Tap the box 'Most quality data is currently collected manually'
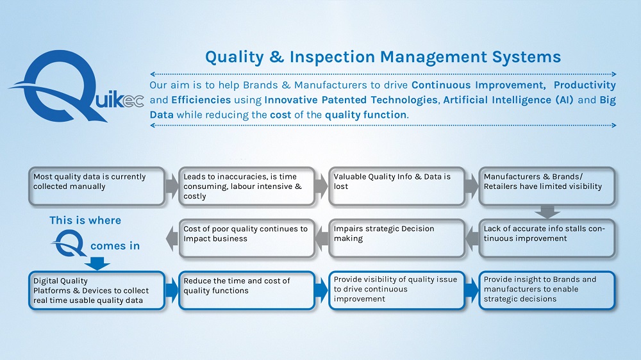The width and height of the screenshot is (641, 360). (x=97, y=186)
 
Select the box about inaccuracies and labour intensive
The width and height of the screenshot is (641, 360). (x=247, y=186)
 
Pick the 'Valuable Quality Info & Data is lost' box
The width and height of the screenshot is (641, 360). (x=397, y=186)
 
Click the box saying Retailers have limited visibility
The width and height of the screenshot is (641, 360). (x=547, y=186)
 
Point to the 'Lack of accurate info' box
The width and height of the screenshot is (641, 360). (x=547, y=239)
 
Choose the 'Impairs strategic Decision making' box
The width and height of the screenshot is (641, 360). (x=397, y=239)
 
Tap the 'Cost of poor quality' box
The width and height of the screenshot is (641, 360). (x=247, y=239)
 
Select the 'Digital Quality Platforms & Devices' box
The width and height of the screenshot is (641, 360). (x=97, y=291)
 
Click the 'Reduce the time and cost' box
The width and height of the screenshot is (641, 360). (x=247, y=291)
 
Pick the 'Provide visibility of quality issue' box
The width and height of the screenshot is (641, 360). (x=397, y=291)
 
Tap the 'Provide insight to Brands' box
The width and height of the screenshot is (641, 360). (x=547, y=291)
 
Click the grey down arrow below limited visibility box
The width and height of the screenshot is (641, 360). (x=547, y=212)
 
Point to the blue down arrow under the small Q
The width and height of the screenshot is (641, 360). (x=97, y=263)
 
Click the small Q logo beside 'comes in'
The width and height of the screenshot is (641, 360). (x=69, y=243)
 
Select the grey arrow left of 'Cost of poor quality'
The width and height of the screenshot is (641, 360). (x=172, y=239)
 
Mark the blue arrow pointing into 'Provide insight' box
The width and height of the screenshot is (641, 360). (x=472, y=291)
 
